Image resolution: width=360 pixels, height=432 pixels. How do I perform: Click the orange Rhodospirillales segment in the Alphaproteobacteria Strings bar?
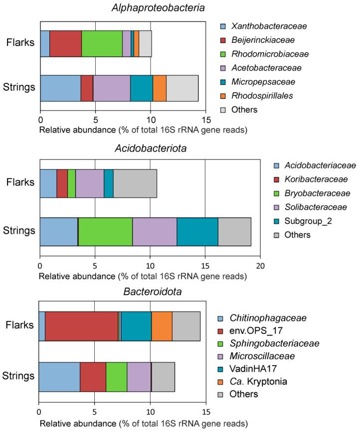pos(159,88)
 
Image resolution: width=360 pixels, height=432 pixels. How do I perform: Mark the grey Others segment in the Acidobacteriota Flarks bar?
pos(135,183)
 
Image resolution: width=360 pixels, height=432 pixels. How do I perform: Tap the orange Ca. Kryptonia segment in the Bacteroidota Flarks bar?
pos(162,327)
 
